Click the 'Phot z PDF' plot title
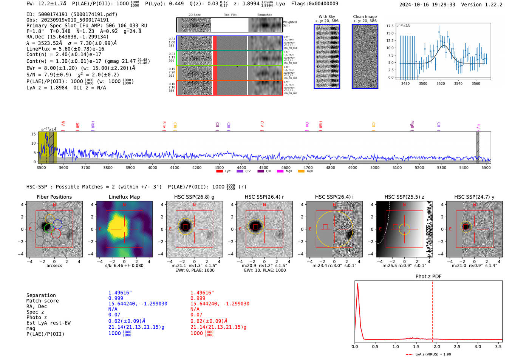tap(428, 277)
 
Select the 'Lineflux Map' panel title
tap(124, 197)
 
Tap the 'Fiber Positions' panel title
tap(54, 197)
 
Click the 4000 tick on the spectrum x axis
tap(152, 167)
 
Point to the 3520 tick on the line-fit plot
tap(441, 83)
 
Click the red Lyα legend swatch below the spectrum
tap(220, 172)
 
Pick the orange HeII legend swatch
tap(301, 172)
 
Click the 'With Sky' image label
tap(327, 17)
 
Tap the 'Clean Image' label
tap(365, 17)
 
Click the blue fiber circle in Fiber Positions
tap(57, 224)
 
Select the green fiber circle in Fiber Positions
tap(48, 228)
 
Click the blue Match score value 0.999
tap(116, 298)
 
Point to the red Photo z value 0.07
tap(196, 315)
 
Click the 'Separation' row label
tap(41, 295)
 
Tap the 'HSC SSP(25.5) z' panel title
tap(404, 197)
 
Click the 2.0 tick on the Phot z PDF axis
tap(437, 346)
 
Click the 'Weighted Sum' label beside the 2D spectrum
tap(290, 24)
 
